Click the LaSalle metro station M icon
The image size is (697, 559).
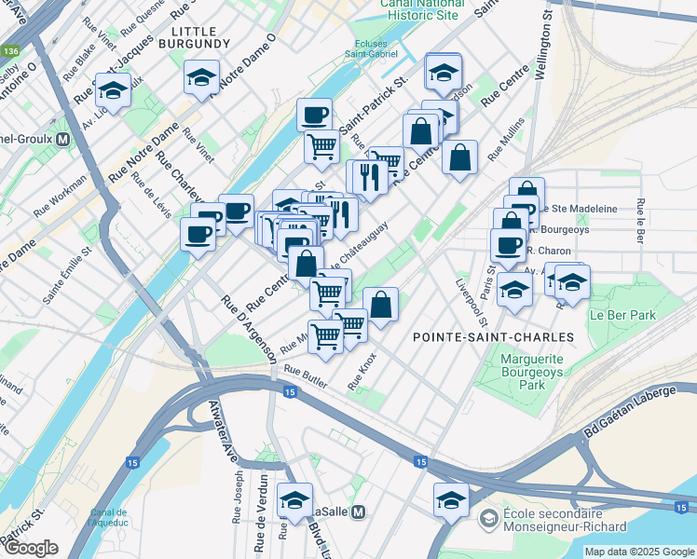[359, 511]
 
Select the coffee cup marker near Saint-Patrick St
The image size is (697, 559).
[314, 116]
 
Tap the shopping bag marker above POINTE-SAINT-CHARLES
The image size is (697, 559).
[380, 304]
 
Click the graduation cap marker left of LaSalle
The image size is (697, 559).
[294, 501]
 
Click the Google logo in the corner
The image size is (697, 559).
[31, 548]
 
